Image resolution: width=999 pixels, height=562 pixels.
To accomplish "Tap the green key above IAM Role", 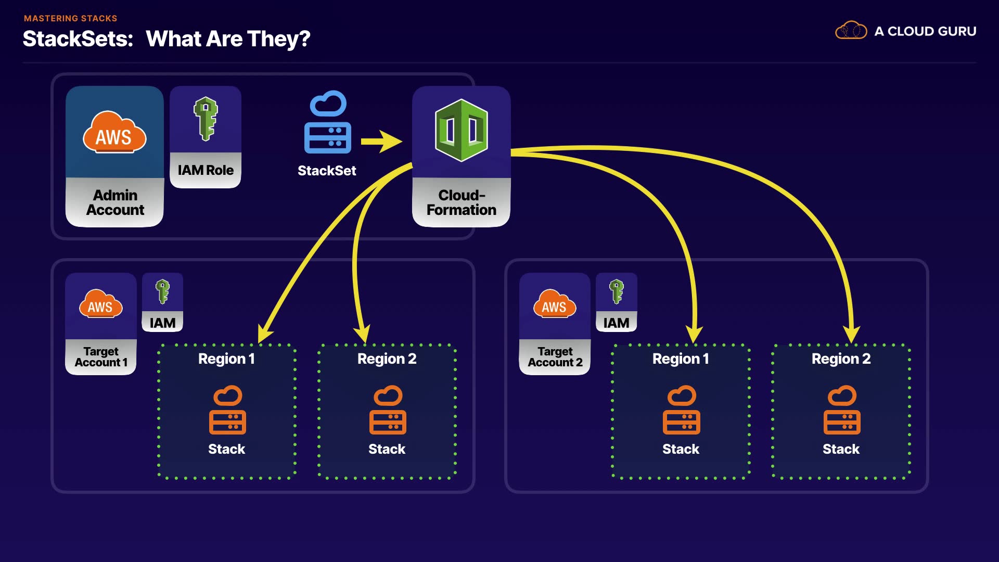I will (x=206, y=119).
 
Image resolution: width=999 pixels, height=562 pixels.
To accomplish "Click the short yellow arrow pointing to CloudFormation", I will (x=381, y=142).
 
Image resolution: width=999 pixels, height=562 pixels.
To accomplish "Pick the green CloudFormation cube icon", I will (x=462, y=130).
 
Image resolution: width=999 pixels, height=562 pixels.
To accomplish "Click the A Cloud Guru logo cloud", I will (x=851, y=31).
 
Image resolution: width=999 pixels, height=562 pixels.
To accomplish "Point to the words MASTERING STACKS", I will (x=71, y=18).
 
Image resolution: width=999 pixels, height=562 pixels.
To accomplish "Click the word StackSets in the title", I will (x=78, y=39).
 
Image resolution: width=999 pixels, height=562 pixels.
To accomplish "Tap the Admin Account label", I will (x=115, y=202).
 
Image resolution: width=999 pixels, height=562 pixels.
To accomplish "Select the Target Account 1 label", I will (x=101, y=357).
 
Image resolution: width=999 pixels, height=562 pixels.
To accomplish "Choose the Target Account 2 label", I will (x=555, y=357).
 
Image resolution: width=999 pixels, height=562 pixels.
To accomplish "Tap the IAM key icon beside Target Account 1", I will (x=163, y=291).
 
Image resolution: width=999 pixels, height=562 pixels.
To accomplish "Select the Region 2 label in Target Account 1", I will (x=387, y=359).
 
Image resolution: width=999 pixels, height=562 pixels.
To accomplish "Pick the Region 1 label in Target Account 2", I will (x=681, y=359).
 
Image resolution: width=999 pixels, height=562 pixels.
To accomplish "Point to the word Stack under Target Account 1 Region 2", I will (x=387, y=449).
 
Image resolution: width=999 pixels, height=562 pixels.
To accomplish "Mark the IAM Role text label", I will (x=206, y=170).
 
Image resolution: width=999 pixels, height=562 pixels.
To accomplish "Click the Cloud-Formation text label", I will (x=462, y=202).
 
